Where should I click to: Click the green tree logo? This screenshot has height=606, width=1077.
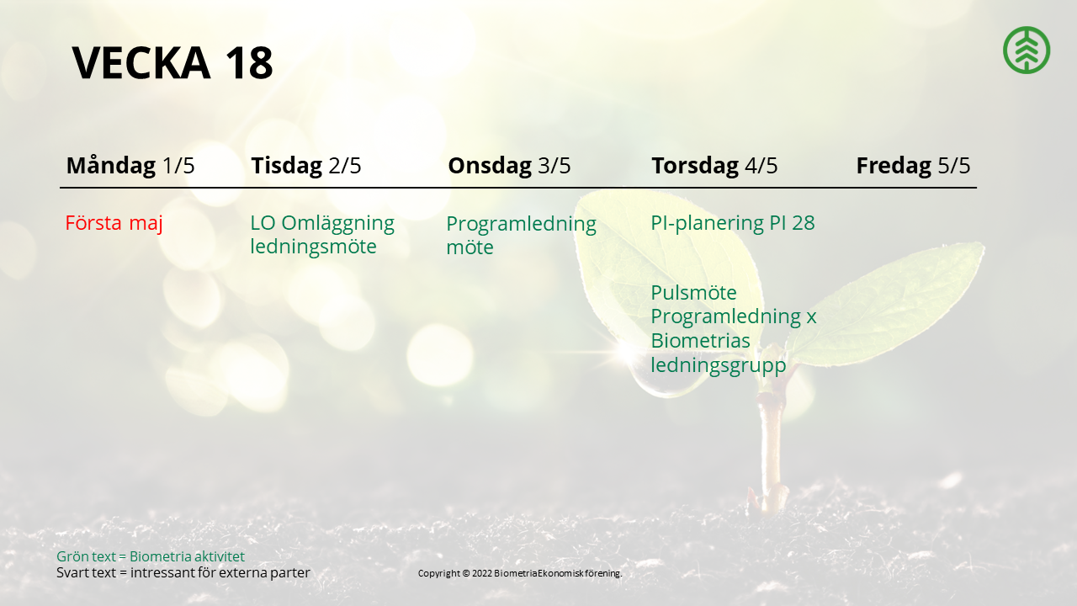pos(1027,50)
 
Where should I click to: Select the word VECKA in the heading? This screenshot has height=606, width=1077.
pos(141,63)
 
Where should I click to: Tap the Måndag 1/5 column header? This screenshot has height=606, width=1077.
pos(130,166)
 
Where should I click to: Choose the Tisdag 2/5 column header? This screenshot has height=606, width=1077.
pos(305,166)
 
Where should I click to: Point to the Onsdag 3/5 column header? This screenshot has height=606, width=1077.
pos(509,166)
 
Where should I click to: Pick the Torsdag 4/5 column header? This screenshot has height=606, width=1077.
pos(714,166)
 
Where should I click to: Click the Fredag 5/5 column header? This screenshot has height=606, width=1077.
pos(913,166)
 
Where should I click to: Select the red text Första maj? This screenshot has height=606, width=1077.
pos(114,223)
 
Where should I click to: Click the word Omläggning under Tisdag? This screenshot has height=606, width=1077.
pos(337,224)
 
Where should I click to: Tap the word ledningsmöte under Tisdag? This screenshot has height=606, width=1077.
pos(314,247)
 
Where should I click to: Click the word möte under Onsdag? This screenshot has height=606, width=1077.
pos(470,247)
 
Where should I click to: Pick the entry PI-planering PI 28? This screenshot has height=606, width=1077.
pos(733,224)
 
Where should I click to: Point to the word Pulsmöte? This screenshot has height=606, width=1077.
pos(694,293)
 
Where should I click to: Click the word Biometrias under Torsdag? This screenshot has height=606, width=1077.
pos(701,341)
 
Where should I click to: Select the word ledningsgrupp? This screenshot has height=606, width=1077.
pos(719,365)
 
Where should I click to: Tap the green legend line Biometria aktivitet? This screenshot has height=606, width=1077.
pos(151,556)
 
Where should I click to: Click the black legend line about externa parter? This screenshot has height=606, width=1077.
pos(183,573)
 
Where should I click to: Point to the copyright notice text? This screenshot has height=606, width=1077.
pos(520,573)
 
